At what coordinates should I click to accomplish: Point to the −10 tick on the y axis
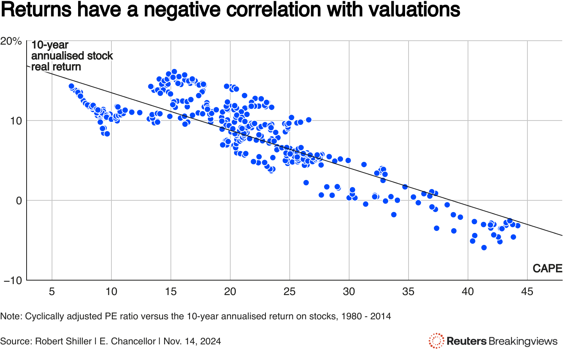[x=13, y=281]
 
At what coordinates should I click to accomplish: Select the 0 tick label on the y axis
[x=19, y=201]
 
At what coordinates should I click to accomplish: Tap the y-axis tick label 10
[x=16, y=121]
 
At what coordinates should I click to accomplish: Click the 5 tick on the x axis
[x=52, y=292]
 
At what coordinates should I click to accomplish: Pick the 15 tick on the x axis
[x=171, y=292]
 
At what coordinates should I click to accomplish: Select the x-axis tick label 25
[x=290, y=292]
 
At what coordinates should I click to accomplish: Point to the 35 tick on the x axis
[x=409, y=292]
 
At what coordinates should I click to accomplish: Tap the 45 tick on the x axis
[x=527, y=292]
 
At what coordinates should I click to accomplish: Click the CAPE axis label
[x=547, y=268]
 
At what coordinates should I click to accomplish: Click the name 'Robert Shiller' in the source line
[x=63, y=341]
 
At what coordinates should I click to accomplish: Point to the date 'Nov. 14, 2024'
[x=192, y=341]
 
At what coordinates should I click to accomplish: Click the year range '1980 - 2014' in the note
[x=366, y=316]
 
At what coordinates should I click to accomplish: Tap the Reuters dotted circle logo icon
[x=436, y=341]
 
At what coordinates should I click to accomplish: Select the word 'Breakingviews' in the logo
[x=523, y=341]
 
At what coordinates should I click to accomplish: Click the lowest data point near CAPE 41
[x=484, y=248]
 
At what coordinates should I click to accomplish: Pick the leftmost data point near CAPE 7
[x=72, y=86]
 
